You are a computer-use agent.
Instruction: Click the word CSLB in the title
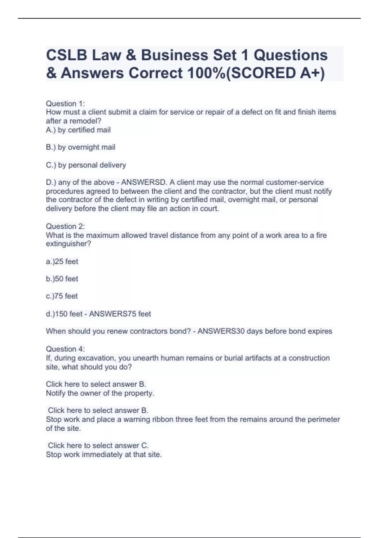(67, 55)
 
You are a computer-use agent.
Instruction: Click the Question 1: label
(65, 103)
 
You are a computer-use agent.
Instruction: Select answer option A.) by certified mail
(78, 130)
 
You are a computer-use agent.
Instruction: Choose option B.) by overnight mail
(81, 147)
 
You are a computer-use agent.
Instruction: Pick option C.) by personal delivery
(86, 165)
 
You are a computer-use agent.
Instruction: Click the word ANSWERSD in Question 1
(143, 182)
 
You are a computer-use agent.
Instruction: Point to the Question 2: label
(65, 226)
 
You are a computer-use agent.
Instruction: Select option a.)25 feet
(62, 261)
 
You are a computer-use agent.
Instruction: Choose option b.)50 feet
(62, 279)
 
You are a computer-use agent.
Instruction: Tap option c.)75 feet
(62, 296)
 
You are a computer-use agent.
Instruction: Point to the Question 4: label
(65, 349)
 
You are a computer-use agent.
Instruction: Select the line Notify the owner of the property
(100, 393)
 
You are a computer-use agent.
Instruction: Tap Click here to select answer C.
(98, 445)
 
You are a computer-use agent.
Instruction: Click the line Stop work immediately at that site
(104, 454)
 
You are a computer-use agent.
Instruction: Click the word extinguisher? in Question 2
(69, 244)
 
